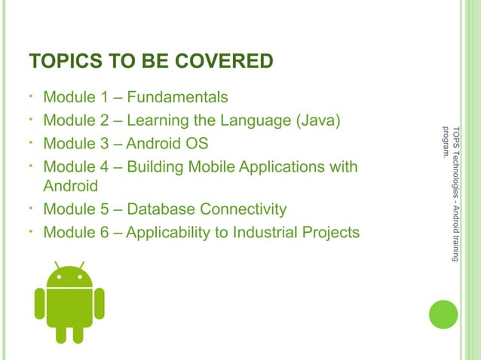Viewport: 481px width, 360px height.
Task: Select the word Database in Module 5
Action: point(156,209)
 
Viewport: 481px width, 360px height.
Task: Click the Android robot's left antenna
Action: point(57,266)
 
